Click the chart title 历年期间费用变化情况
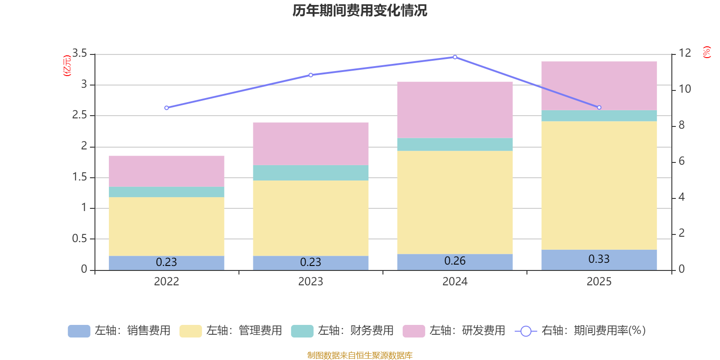click(360, 11)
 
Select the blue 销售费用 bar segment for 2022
click(166, 263)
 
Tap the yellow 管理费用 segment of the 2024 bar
click(455, 202)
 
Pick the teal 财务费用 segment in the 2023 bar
click(310, 173)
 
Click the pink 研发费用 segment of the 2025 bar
click(599, 86)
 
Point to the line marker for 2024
click(455, 57)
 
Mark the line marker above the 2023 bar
click(311, 75)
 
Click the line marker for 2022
click(166, 108)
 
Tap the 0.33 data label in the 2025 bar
click(599, 259)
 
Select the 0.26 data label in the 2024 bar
click(455, 261)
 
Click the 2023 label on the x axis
click(310, 282)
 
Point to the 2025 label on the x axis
click(599, 282)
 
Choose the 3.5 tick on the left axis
click(79, 53)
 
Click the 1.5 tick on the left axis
click(79, 177)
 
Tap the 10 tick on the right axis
click(684, 89)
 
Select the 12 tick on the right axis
click(684, 53)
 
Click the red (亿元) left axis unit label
click(67, 66)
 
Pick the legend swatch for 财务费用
click(302, 331)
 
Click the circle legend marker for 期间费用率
click(526, 331)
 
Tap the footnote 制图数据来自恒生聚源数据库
click(360, 355)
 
